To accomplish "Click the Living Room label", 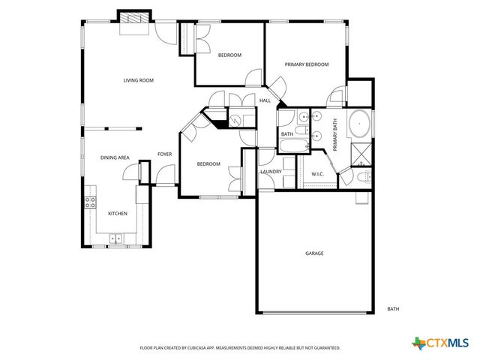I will point(139,80).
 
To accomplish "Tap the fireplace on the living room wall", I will point(133,19).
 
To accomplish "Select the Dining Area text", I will point(115,157).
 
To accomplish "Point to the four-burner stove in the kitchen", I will point(89,202).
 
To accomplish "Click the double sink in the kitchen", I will point(116,239).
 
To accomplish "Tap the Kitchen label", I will point(117,214).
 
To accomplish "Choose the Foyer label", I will point(164,154).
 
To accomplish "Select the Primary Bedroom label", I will point(307,64).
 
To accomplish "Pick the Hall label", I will point(265,100).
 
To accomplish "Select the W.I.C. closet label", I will point(318,175).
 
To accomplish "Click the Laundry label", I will point(270,172).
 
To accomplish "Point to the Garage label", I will point(314,253).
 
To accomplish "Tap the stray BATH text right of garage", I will point(393,309).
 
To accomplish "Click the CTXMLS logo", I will point(439,343).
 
